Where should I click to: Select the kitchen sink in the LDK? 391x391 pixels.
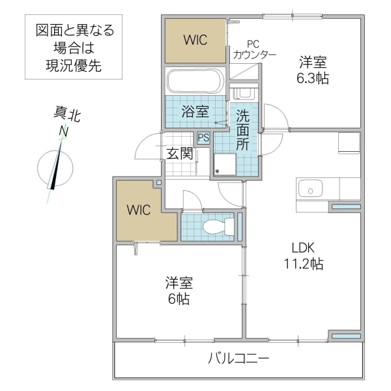click(311, 190)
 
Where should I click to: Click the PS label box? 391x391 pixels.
click(203, 138)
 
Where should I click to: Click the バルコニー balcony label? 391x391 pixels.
click(239, 358)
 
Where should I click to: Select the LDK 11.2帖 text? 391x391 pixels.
click(304, 255)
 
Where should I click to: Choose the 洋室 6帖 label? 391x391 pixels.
click(177, 291)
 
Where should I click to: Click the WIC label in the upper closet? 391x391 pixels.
click(195, 40)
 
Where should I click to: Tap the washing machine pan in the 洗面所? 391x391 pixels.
click(225, 165)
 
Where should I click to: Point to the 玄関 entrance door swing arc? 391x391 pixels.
click(147, 147)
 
